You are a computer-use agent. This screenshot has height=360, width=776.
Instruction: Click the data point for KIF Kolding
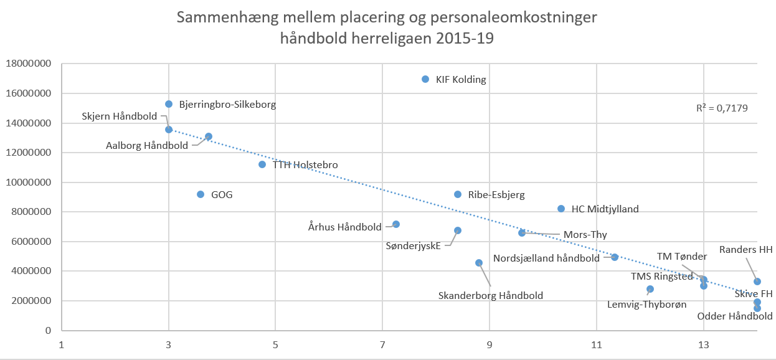425,79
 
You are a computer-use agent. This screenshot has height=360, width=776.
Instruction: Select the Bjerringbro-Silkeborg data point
169,104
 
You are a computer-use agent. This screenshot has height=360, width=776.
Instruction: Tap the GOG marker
201,194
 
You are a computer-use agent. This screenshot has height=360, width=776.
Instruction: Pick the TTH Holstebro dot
262,164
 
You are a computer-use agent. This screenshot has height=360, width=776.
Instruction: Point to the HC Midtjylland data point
561,209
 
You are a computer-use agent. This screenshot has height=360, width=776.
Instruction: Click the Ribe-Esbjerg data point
458,194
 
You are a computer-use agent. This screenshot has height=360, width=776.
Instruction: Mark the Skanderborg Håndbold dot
479,263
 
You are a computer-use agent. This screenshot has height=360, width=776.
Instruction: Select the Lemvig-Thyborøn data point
650,289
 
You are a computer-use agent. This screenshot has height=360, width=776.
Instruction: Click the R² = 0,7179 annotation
722,108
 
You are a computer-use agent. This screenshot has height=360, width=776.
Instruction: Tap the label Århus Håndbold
345,227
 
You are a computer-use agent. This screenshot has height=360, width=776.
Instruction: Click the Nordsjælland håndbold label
547,258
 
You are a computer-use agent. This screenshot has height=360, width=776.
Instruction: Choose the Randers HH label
745,250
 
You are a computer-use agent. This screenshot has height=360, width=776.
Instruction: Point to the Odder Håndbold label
735,316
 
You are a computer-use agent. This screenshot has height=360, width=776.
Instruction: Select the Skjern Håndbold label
120,116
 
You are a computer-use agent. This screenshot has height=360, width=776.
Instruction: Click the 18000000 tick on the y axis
29,64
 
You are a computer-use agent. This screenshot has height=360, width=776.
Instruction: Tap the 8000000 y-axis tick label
31,212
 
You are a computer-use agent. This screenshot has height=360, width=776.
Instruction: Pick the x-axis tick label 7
382,343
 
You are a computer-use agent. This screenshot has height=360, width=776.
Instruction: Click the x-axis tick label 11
596,343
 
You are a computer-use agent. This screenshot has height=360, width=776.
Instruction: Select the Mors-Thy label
585,235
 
